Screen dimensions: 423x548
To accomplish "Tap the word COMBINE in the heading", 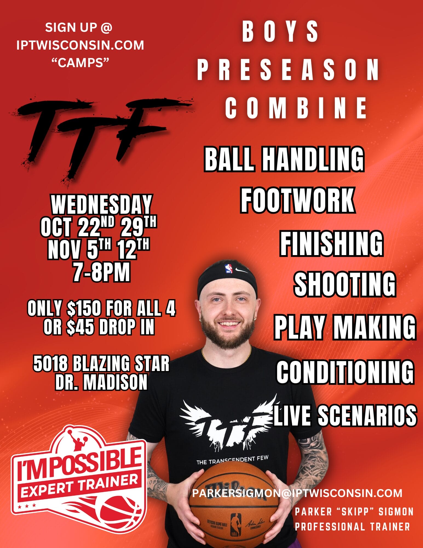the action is click(296, 108).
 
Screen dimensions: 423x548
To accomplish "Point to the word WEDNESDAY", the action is click(101, 204).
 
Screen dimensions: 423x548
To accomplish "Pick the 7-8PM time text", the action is click(102, 272).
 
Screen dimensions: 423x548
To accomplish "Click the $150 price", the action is click(84, 309).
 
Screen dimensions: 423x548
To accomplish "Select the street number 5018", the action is click(50, 364).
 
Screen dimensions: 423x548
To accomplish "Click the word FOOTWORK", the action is click(298, 200).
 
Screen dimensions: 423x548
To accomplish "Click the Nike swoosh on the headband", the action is click(242, 270).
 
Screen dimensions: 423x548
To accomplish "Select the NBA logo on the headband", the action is click(229, 269).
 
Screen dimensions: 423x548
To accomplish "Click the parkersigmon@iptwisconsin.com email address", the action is click(297, 493).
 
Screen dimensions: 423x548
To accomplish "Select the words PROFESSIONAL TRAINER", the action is click(352, 527).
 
